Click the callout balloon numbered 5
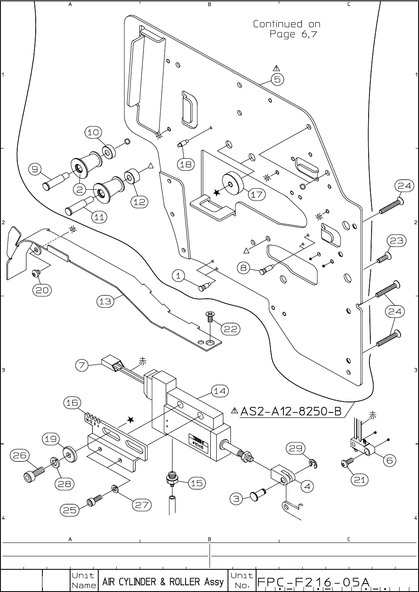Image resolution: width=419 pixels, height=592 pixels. point(278,79)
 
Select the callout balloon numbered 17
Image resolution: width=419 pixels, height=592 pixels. point(257,194)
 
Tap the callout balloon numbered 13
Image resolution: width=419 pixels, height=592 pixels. point(106,301)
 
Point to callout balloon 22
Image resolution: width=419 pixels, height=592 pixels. point(230,329)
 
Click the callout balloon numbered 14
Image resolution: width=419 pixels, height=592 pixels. point(220,391)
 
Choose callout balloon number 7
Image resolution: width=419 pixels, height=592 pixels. point(82,365)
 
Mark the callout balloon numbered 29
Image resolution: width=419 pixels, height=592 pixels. point(295,448)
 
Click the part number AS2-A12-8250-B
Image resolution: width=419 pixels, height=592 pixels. point(291,412)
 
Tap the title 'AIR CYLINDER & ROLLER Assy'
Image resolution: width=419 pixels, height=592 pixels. point(163,582)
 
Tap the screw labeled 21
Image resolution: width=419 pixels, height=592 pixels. point(347,462)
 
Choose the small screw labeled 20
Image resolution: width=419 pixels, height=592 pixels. point(36,273)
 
